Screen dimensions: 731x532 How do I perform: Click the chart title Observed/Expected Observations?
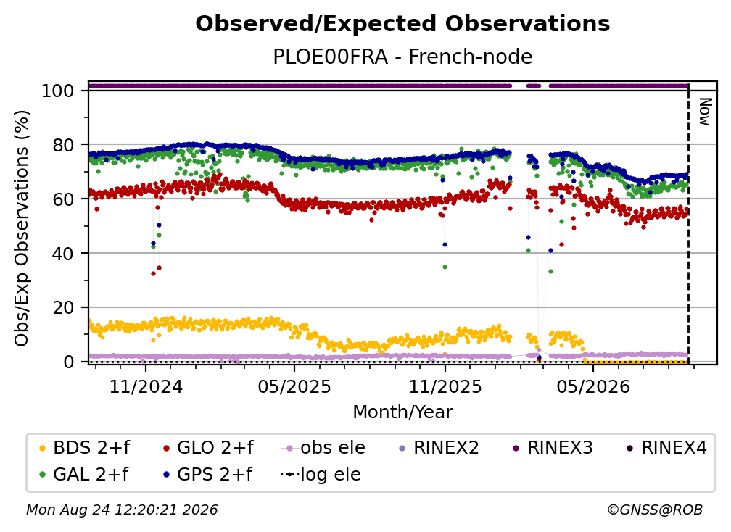(x=402, y=24)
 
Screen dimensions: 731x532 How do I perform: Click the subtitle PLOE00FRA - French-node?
(x=402, y=57)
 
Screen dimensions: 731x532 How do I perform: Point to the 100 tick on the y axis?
(x=58, y=91)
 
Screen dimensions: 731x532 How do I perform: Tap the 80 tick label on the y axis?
(x=63, y=145)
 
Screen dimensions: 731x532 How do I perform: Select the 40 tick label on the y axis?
(x=63, y=254)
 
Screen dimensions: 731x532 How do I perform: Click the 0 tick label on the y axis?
(x=69, y=362)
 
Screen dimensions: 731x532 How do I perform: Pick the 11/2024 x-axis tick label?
(x=146, y=386)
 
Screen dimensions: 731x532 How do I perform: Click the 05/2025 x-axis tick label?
(x=294, y=386)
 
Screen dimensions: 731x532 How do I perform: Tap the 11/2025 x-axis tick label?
(x=445, y=386)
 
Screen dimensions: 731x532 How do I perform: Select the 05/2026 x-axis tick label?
(x=593, y=386)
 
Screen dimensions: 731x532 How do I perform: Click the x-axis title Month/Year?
(x=402, y=412)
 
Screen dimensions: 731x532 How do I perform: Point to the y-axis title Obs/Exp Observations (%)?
(x=22, y=228)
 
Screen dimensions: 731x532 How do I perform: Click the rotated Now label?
(x=705, y=112)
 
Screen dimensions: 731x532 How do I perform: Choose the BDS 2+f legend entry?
(x=85, y=448)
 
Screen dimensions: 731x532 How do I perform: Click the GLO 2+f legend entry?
(x=208, y=448)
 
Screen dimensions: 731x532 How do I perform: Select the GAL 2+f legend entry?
(x=84, y=474)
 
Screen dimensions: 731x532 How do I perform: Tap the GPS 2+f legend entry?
(x=207, y=474)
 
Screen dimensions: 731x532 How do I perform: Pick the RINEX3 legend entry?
(x=553, y=448)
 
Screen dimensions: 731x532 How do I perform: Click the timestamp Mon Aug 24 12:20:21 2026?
(x=122, y=510)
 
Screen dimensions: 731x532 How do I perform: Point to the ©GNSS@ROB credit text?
(x=655, y=510)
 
